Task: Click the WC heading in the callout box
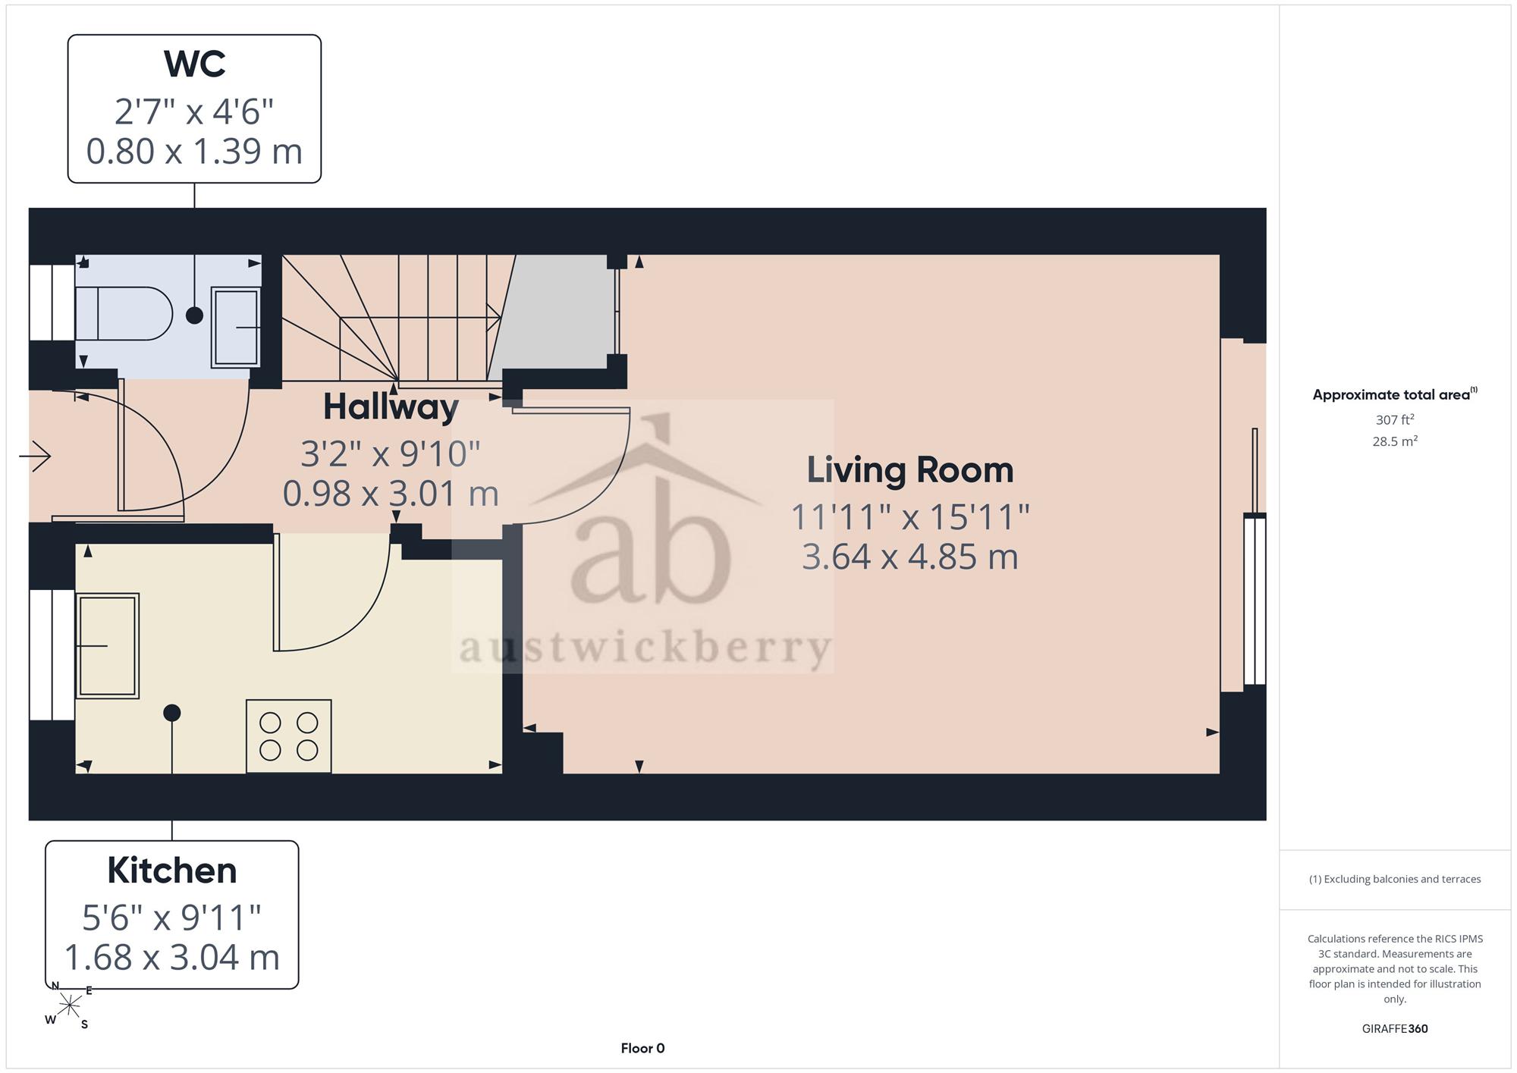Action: coord(195,64)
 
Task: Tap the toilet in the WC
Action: coord(124,313)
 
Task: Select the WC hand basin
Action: coord(235,327)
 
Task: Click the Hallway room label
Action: coord(391,407)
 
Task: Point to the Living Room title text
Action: coord(909,469)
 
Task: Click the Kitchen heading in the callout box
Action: coord(172,870)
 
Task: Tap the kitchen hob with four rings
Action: coord(289,736)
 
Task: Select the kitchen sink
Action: coord(107,645)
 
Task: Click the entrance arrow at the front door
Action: coord(35,456)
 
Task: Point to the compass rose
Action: coord(69,1006)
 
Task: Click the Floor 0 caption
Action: coord(642,1048)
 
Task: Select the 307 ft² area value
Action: coord(1394,419)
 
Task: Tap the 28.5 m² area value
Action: coord(1394,441)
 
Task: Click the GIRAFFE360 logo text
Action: coord(1395,1028)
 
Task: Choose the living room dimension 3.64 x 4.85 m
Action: coord(909,557)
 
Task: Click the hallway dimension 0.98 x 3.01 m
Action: coord(391,494)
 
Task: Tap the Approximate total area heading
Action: coord(1395,394)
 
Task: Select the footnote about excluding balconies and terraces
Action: coord(1395,879)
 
